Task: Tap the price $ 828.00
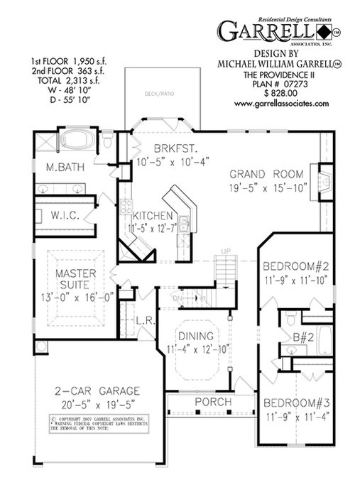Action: [x=271, y=92]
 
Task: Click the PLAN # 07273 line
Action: [x=271, y=82]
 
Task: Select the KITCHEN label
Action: [x=148, y=215]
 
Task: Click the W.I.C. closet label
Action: [x=67, y=214]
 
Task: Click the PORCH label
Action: [x=212, y=403]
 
